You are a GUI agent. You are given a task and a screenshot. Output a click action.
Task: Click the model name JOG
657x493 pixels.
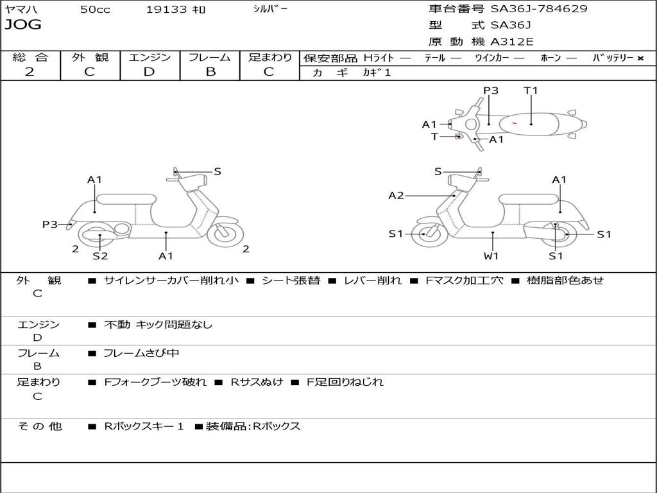pyautogui.click(x=23, y=25)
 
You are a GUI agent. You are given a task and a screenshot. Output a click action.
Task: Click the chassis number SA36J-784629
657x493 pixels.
pyautogui.click(x=539, y=9)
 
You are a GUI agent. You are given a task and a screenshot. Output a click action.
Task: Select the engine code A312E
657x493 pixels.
pyautogui.click(x=512, y=42)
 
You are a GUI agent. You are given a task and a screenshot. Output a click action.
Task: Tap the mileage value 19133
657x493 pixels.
pyautogui.click(x=166, y=10)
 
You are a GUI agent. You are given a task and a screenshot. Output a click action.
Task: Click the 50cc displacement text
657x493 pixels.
pyautogui.click(x=95, y=10)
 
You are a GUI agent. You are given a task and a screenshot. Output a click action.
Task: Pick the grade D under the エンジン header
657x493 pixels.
pyautogui.click(x=149, y=72)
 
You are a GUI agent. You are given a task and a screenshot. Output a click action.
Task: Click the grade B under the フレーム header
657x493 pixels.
pyautogui.click(x=210, y=72)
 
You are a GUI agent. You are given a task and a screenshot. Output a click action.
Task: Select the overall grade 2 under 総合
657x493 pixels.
pyautogui.click(x=30, y=72)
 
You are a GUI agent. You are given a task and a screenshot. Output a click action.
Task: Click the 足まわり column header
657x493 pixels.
pyautogui.click(x=270, y=58)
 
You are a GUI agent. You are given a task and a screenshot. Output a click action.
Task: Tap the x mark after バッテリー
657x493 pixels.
pyautogui.click(x=640, y=58)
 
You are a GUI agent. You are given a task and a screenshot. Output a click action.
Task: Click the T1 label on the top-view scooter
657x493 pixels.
pyautogui.click(x=531, y=91)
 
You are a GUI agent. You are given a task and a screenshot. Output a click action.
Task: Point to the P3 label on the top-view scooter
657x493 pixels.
pyautogui.click(x=491, y=91)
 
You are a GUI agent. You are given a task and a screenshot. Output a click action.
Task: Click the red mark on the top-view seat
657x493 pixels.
pyautogui.click(x=515, y=123)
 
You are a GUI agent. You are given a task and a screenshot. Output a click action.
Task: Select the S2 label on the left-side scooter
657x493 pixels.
pyautogui.click(x=100, y=256)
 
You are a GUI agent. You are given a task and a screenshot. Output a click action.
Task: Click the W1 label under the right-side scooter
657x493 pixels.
pyautogui.click(x=492, y=256)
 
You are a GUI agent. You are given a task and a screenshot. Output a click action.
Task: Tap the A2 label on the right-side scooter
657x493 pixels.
pyautogui.click(x=396, y=195)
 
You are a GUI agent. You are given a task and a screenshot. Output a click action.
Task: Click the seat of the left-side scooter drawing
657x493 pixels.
pyautogui.click(x=125, y=199)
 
